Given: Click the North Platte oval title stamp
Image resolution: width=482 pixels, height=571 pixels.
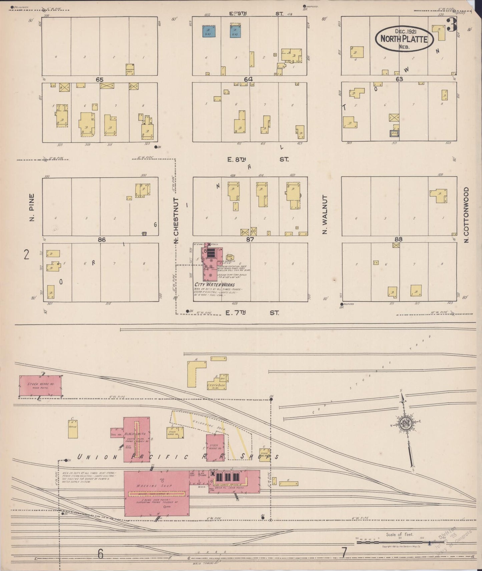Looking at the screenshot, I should [404, 39].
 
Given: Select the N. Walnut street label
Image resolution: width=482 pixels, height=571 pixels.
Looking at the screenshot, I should [325, 215].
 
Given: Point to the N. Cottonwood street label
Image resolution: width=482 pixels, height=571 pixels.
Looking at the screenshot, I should [466, 215].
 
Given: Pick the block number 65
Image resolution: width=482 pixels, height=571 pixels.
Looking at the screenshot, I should [99, 80].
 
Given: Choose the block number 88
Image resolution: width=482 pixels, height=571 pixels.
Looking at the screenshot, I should [398, 239].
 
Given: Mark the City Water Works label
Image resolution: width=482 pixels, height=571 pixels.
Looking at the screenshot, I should [214, 285].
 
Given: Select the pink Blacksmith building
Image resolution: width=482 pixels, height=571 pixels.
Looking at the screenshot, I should [137, 439].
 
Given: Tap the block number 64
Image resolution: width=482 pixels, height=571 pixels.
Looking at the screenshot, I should [249, 79].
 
